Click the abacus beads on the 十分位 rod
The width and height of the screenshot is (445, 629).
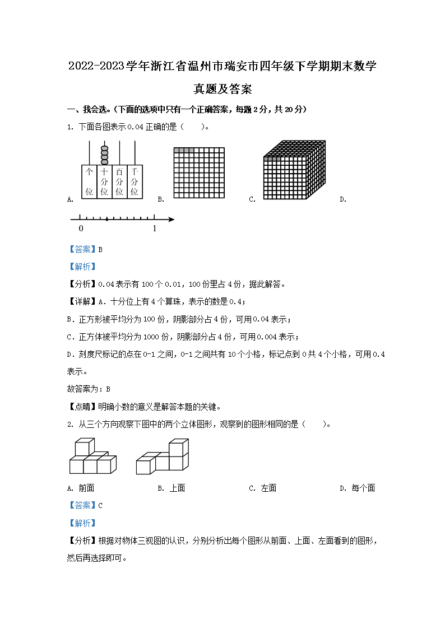pos(104,154)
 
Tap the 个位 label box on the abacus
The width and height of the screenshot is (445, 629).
pos(89,181)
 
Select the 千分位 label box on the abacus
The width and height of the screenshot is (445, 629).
pos(135,181)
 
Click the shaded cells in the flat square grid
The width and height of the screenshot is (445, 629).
pos(184,150)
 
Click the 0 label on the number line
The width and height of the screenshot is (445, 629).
pos(81,229)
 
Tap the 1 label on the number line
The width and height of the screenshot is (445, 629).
pos(155,229)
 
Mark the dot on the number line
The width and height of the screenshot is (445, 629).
pos(106,219)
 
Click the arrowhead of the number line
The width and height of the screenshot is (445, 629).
pos(171,219)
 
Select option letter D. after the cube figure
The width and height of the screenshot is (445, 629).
pos(342,199)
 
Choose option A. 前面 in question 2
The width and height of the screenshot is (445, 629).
pos(81,488)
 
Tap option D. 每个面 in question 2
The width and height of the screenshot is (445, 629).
pos(357,488)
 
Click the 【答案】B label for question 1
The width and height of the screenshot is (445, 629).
pos(85,250)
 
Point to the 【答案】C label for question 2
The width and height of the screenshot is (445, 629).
pos(85,505)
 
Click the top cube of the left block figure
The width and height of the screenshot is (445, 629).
pos(82,447)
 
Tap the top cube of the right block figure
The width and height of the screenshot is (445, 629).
pos(178,447)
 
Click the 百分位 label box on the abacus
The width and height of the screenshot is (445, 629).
pos(119,181)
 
